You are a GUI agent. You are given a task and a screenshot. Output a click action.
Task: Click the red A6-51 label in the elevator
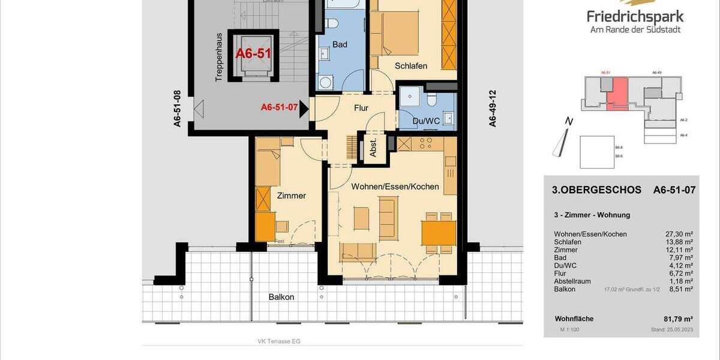(253, 53)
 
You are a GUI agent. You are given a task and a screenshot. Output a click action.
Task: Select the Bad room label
(340, 45)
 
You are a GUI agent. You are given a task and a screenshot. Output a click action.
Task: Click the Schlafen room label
(411, 66)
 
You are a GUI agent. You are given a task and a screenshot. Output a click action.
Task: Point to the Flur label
(361, 108)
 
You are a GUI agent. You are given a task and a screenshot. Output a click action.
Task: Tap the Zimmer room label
(292, 196)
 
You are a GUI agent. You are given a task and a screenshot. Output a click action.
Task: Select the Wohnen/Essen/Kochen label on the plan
(395, 187)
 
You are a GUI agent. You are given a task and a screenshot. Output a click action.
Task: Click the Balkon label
(282, 297)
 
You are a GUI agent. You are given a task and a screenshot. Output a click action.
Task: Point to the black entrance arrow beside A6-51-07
(304, 108)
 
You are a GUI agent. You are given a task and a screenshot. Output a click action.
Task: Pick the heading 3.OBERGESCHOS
(596, 190)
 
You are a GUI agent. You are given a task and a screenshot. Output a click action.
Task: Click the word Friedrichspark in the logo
(635, 17)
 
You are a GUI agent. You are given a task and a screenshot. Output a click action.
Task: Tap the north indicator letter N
(569, 122)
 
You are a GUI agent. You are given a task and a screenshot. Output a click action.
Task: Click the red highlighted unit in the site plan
(617, 95)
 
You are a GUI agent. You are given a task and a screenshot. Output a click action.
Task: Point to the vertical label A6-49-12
(493, 109)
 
